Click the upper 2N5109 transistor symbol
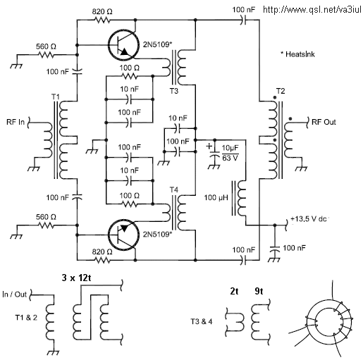[123, 44]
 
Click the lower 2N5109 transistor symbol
[123, 235]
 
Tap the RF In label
[16, 122]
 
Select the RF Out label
[324, 122]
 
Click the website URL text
[312, 10]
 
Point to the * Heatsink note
[297, 54]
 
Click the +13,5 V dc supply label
[309, 219]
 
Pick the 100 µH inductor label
[216, 198]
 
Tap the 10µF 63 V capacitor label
[230, 153]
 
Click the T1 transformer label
[56, 97]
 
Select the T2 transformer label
[281, 91]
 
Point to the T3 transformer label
[174, 91]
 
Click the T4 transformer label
[174, 190]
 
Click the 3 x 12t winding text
[77, 278]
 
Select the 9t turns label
[259, 291]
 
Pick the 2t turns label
[234, 291]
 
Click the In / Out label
[14, 294]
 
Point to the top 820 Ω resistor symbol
[102, 20]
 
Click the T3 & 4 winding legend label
[202, 321]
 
